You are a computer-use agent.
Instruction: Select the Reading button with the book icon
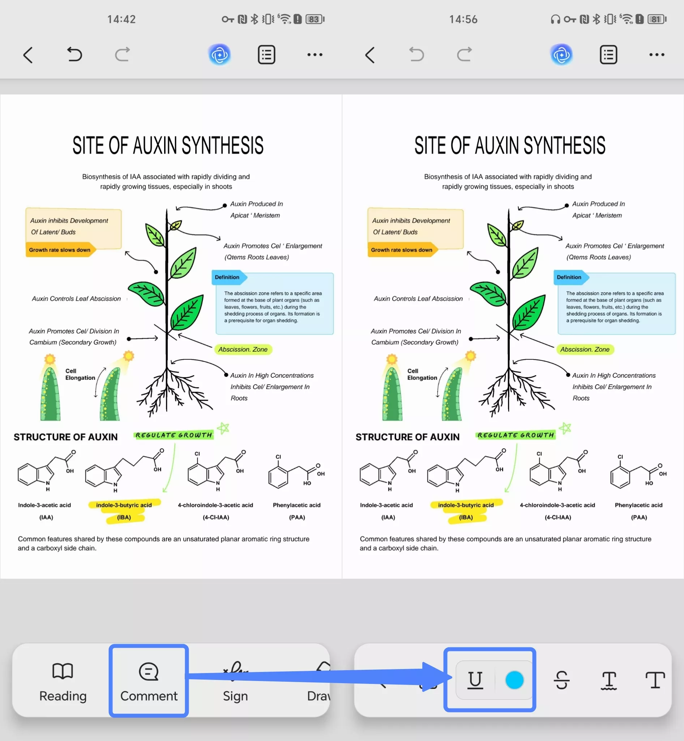[x=63, y=681]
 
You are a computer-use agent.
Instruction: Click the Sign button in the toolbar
[x=235, y=681]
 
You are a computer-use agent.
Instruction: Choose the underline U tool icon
[x=475, y=680]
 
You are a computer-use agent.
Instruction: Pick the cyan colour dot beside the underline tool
[x=514, y=680]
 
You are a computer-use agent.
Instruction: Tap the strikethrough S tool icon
[x=561, y=680]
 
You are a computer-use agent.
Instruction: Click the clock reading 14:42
[x=121, y=19]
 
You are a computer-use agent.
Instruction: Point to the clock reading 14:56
[x=463, y=19]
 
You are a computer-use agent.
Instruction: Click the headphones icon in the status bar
[x=555, y=19]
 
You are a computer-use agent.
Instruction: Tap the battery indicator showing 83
[x=315, y=19]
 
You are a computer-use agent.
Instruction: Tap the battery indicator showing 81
[x=657, y=19]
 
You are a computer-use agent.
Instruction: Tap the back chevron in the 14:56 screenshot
[x=370, y=55]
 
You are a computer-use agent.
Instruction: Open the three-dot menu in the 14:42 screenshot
[x=315, y=55]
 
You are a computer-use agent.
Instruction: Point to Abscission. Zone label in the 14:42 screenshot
[x=243, y=350]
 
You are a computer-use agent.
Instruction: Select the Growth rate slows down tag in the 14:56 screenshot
[x=402, y=250]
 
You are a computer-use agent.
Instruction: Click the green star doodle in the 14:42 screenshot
[x=223, y=428]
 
